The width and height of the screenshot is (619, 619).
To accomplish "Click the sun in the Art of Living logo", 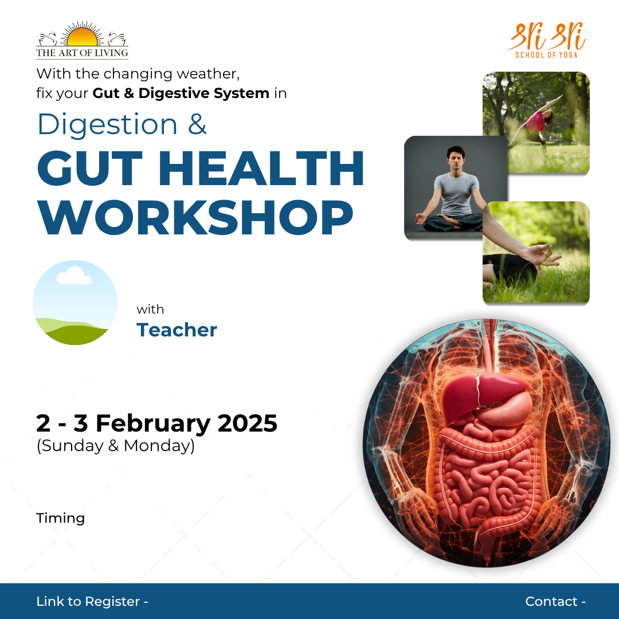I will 82,38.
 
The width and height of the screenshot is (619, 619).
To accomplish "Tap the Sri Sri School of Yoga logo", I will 546,41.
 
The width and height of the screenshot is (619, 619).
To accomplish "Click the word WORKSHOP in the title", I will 195,217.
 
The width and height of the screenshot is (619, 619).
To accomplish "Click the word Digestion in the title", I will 107,124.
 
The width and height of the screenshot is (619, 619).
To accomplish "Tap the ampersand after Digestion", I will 197,124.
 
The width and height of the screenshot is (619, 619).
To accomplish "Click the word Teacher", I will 177,330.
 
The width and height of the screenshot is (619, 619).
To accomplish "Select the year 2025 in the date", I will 248,424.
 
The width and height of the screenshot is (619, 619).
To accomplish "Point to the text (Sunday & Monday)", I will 116,446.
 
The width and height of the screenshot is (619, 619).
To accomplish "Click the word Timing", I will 60,518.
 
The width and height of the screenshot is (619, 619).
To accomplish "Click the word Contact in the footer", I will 551,601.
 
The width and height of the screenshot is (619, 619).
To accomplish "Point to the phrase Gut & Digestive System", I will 181,93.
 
